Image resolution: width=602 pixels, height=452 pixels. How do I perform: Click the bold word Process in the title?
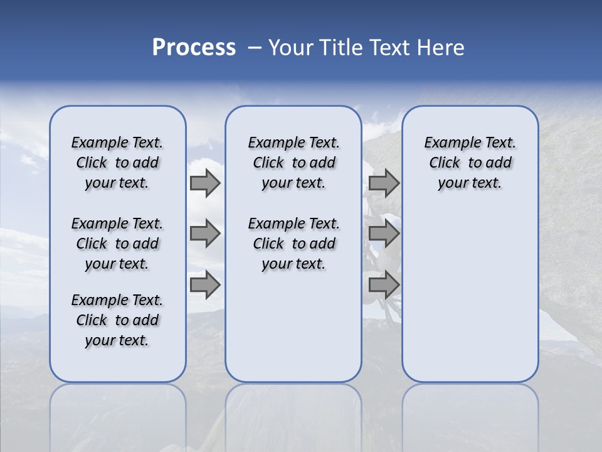194,48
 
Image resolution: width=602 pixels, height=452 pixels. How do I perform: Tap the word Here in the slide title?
441,48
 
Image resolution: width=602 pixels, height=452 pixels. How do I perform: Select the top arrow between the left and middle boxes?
205,183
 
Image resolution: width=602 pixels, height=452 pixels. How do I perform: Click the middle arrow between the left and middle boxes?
205,234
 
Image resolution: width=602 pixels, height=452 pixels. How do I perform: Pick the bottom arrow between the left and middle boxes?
205,285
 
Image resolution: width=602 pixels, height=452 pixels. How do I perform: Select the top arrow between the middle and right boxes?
384,183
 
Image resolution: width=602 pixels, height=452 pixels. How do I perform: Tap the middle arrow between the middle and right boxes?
384,234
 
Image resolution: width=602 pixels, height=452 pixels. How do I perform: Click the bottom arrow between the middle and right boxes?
384,285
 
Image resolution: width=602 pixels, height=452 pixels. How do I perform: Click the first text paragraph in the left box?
117,163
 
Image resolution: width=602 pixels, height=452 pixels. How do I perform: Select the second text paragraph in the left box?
117,244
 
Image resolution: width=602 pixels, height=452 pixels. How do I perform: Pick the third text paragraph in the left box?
117,320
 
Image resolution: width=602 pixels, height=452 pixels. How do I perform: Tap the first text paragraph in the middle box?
293,163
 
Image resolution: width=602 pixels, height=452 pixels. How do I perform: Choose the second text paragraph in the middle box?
293,244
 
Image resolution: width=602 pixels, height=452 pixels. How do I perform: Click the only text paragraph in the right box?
470,163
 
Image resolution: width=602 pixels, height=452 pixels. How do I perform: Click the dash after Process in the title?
255,48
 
